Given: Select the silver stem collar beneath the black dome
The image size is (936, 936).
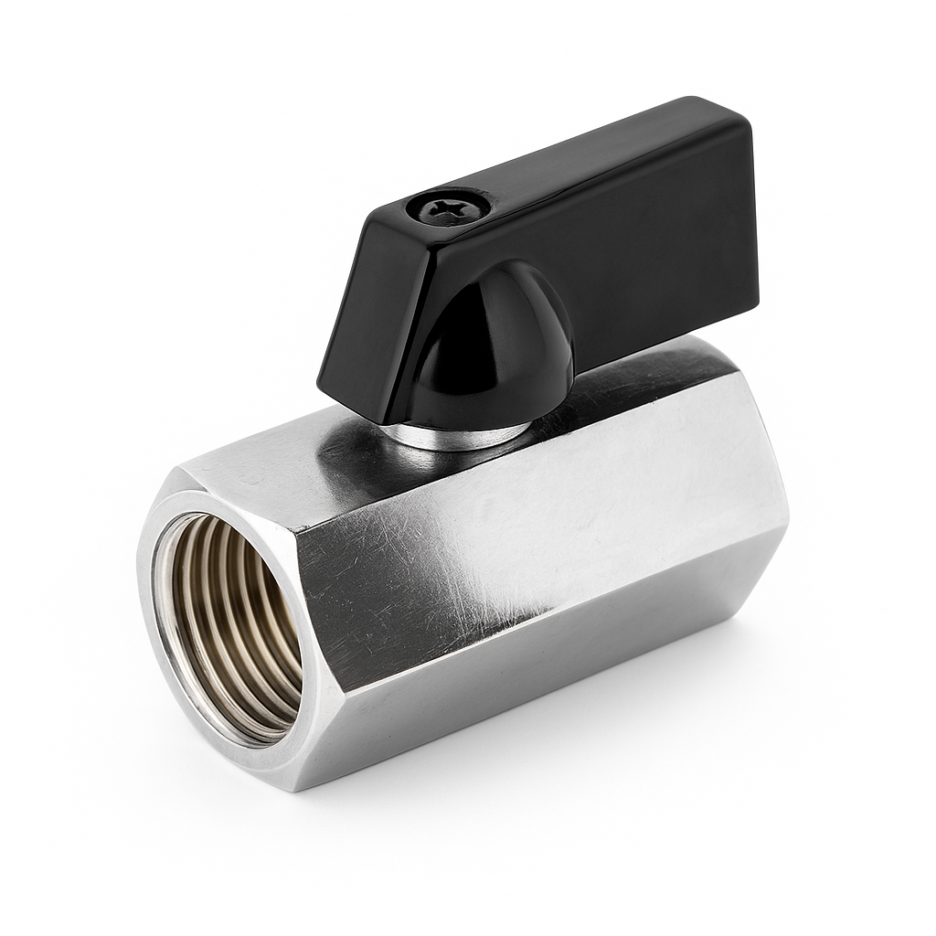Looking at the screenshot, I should [457, 435].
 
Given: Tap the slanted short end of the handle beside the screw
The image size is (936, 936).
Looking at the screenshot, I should [366, 302].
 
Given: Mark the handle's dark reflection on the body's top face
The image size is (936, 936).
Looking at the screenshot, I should [366, 439].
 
